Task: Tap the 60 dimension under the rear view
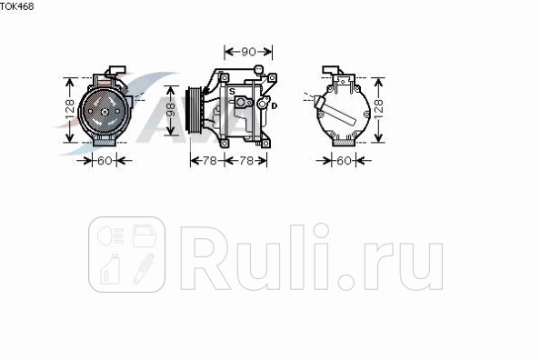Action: [344, 161]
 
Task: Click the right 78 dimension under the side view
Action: [245, 161]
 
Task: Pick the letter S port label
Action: [232, 92]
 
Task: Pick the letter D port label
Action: [274, 106]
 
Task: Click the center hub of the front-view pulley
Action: [103, 112]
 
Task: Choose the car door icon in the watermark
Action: [144, 237]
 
